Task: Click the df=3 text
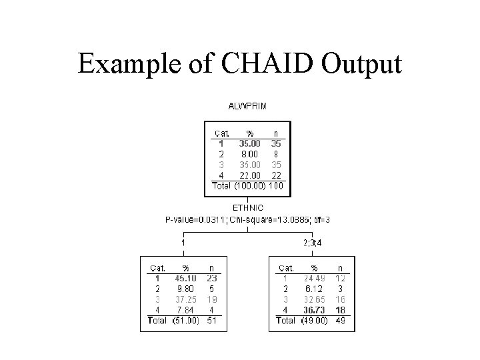(x=321, y=219)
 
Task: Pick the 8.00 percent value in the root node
(x=250, y=153)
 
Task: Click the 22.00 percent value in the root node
(x=250, y=175)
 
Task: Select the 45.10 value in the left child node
(x=185, y=278)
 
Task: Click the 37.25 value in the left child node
(x=185, y=299)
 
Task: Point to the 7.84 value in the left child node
(x=185, y=310)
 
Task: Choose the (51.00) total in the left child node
(x=184, y=321)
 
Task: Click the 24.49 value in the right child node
(x=314, y=278)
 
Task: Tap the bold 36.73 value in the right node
(x=314, y=310)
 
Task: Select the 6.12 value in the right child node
(x=314, y=289)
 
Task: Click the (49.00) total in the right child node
(x=313, y=321)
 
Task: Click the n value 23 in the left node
(x=211, y=278)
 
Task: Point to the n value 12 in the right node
(x=341, y=278)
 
